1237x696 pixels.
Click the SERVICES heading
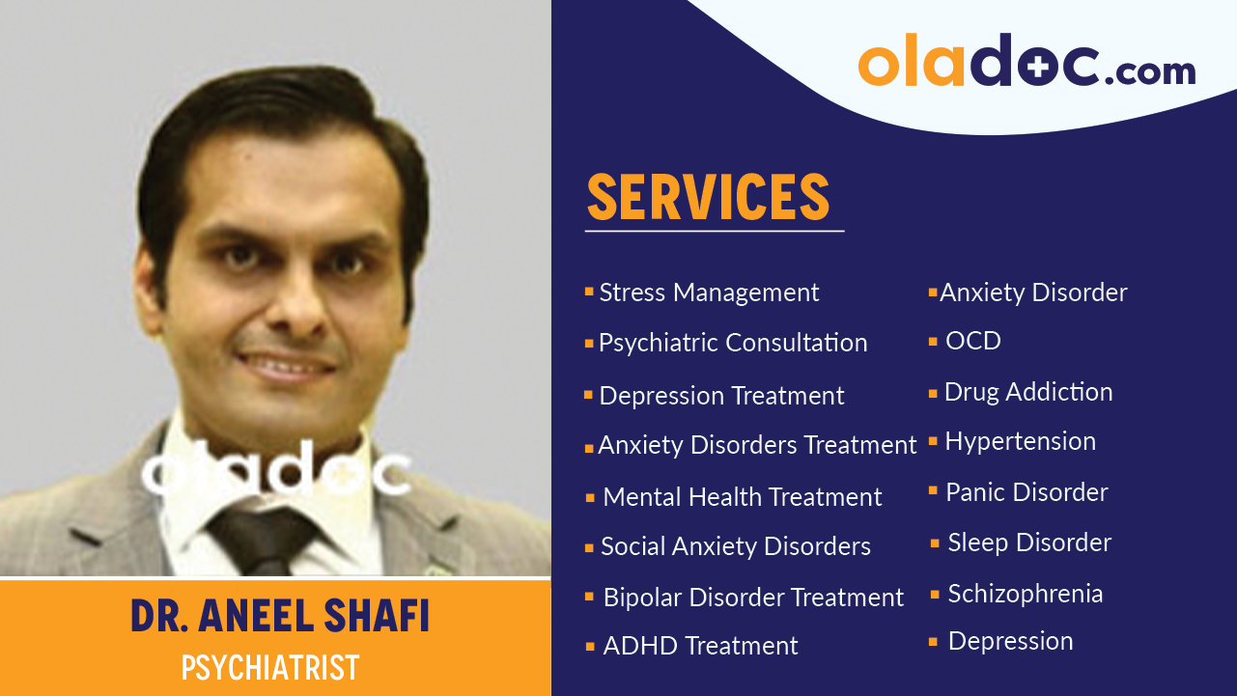[708, 197]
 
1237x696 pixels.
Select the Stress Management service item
[709, 292]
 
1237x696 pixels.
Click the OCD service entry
[972, 341]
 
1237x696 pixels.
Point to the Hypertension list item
[1020, 441]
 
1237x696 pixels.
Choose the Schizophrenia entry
[1025, 594]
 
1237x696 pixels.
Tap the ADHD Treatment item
[700, 646]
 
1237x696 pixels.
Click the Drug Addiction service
[1027, 392]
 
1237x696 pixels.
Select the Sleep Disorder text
[1029, 543]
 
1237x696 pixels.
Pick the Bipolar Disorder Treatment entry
[753, 598]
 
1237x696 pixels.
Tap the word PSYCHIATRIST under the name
[270, 668]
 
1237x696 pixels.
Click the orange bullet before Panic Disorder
[933, 491]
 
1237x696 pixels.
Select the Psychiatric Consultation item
[732, 343]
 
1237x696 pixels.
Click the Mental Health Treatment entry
[742, 497]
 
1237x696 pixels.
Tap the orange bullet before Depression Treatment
[588, 396]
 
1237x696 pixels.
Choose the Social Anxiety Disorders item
[735, 546]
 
